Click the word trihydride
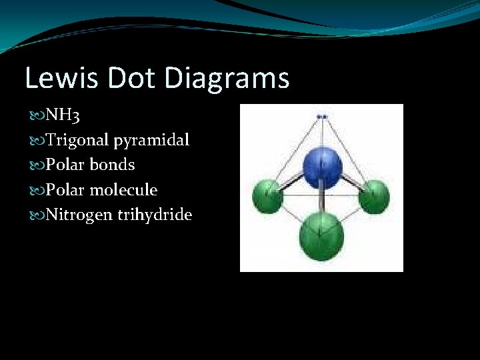pos(157,215)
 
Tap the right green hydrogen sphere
pos(373,196)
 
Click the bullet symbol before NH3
pos(35,117)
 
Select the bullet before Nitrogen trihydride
pos(35,215)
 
